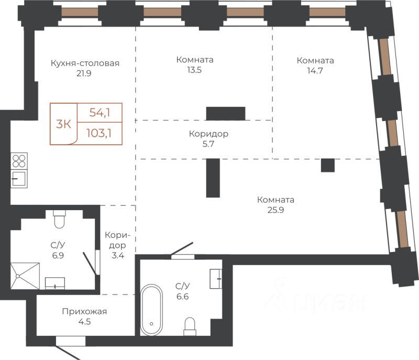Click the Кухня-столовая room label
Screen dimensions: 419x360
pyautogui.click(x=85, y=63)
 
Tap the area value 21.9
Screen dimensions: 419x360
pyautogui.click(x=84, y=73)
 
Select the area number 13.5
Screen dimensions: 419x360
pyautogui.click(x=194, y=70)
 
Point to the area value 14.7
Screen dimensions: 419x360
pyautogui.click(x=315, y=71)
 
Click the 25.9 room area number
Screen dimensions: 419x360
pyautogui.click(x=276, y=210)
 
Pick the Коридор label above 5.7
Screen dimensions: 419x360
pyautogui.click(x=208, y=134)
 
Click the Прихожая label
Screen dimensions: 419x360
pyautogui.click(x=84, y=311)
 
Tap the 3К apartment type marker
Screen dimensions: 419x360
pyautogui.click(x=63, y=124)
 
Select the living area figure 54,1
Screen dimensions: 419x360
pyautogui.click(x=100, y=113)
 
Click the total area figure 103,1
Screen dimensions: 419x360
pyautogui.click(x=99, y=133)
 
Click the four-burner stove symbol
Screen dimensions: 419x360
pyautogui.click(x=19, y=161)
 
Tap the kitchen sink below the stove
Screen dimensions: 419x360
pyautogui.click(x=19, y=179)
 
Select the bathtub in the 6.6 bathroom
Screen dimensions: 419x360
pyautogui.click(x=151, y=310)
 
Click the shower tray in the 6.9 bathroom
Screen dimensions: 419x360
pyautogui.click(x=25, y=276)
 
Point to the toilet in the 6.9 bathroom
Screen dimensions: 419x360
pyautogui.click(x=59, y=219)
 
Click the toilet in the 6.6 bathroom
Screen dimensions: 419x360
pyautogui.click(x=190, y=326)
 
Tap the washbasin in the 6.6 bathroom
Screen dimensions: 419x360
pyautogui.click(x=216, y=279)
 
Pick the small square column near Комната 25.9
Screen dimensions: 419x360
pyautogui.click(x=328, y=165)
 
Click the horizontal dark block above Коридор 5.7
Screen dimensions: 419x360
pyautogui.click(x=226, y=114)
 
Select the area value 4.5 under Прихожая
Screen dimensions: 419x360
pyautogui.click(x=84, y=322)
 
